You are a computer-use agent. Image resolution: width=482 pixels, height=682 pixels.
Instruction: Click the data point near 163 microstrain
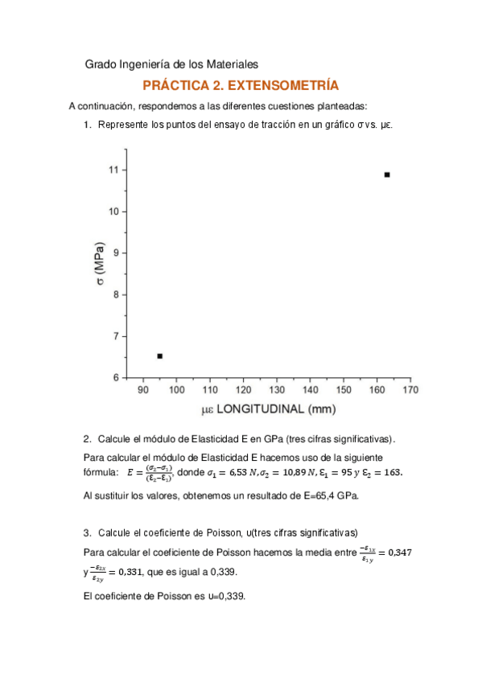(387, 175)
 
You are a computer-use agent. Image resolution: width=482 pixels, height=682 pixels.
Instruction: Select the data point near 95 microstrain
(159, 355)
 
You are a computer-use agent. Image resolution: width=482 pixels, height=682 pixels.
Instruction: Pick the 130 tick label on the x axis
(276, 390)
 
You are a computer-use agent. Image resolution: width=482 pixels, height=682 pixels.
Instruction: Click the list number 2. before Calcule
(89, 439)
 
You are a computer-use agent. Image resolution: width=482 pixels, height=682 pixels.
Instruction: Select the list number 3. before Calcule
(89, 532)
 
